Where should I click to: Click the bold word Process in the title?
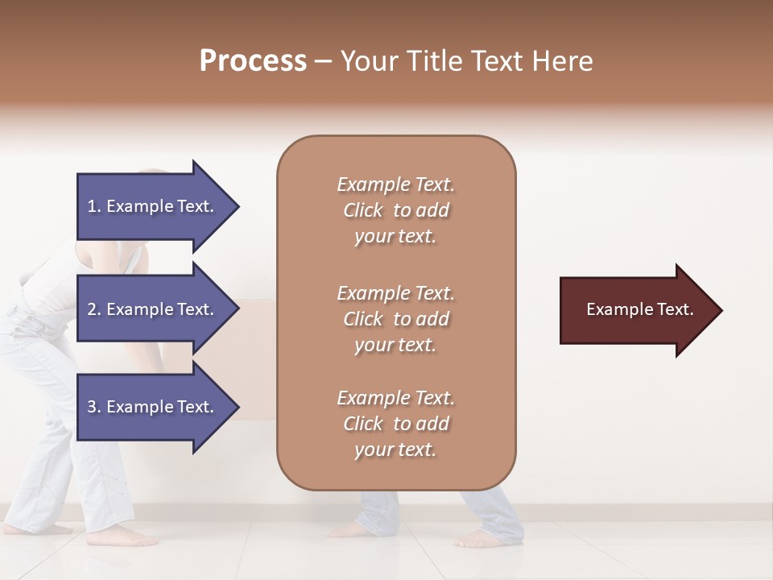pos(253,61)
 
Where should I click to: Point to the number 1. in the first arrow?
pos(94,207)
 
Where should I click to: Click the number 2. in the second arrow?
pos(94,310)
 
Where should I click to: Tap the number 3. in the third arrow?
pos(94,407)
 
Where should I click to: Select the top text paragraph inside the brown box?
pos(395,210)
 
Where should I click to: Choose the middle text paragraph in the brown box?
pos(395,319)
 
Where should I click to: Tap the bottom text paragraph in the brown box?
pos(395,424)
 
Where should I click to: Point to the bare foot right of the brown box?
pos(491,538)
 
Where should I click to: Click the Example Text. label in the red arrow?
pos(639,309)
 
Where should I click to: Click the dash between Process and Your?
pos(324,62)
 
